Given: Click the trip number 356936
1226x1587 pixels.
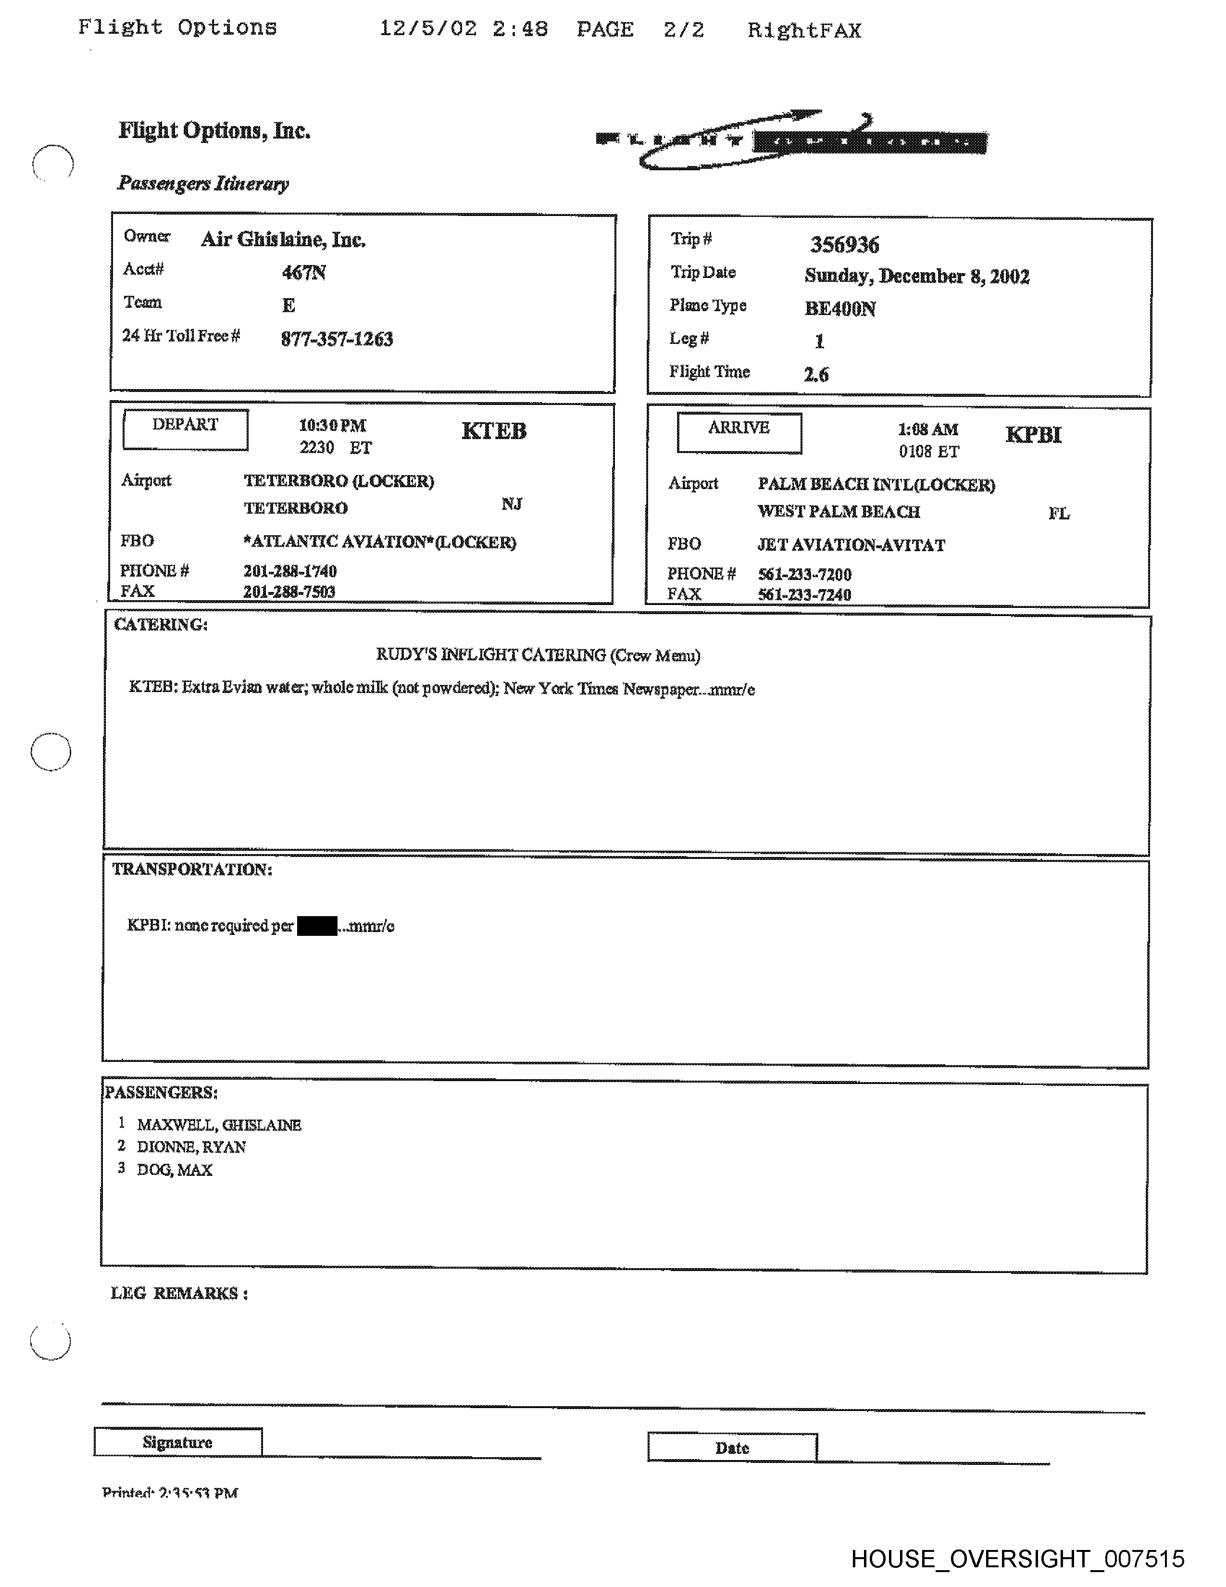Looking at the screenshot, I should [844, 245].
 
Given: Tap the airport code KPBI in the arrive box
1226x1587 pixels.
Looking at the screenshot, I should [1033, 435].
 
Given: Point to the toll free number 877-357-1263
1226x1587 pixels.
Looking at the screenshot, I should [337, 340].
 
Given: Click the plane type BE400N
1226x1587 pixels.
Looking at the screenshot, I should [839, 309].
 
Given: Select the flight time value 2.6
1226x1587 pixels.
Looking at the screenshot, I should [816, 375].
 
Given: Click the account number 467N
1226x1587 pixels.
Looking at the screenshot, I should [303, 273].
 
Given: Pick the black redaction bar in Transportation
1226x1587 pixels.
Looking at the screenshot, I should [317, 926].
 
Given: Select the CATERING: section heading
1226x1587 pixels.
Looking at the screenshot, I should [161, 625].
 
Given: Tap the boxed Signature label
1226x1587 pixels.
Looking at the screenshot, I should [177, 1442].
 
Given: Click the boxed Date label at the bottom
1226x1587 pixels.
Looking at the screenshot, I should [732, 1448].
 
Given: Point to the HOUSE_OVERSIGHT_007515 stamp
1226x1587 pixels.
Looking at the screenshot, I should [1017, 1559].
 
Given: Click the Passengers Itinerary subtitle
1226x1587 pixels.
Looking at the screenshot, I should [203, 184].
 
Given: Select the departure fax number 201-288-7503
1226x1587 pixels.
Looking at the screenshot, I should [289, 592].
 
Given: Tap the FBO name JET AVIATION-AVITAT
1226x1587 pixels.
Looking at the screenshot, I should [851, 545].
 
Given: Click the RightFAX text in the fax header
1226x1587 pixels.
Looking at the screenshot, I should [804, 30].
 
